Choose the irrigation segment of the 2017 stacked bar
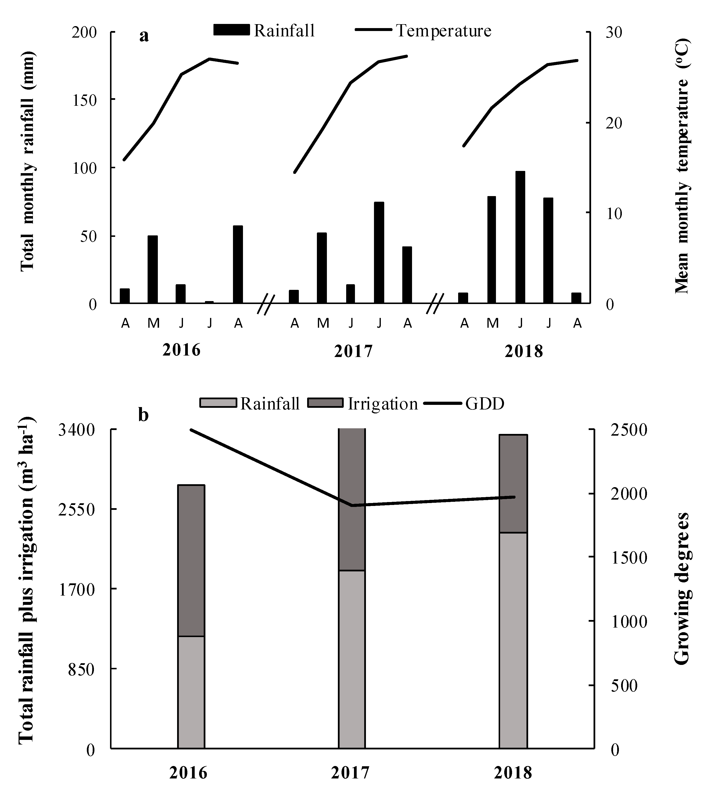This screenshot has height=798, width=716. point(352,499)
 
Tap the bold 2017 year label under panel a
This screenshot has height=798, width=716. point(353,351)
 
